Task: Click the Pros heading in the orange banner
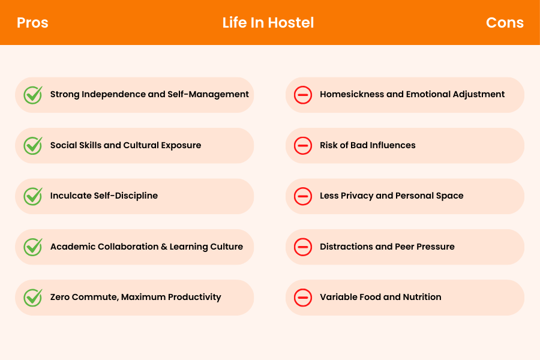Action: pyautogui.click(x=32, y=23)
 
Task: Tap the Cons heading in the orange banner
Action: pyautogui.click(x=505, y=23)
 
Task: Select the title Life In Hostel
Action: pyautogui.click(x=268, y=23)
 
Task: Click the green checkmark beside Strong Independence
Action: pyautogui.click(x=32, y=95)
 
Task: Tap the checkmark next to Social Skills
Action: pyautogui.click(x=32, y=145)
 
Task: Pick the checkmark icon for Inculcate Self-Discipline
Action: pyautogui.click(x=32, y=196)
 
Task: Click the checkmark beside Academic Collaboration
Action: pyautogui.click(x=32, y=247)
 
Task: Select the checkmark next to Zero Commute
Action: pyautogui.click(x=32, y=297)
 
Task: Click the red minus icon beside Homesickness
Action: pyautogui.click(x=303, y=95)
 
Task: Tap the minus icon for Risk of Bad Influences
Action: pyautogui.click(x=303, y=145)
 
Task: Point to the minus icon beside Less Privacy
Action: pyautogui.click(x=303, y=196)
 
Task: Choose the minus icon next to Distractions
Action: pyautogui.click(x=303, y=247)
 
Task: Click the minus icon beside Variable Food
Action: pyautogui.click(x=303, y=298)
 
